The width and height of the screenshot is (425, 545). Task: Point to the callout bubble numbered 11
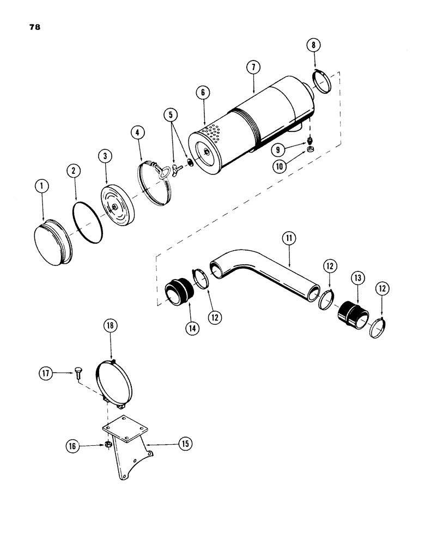pos(288,238)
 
